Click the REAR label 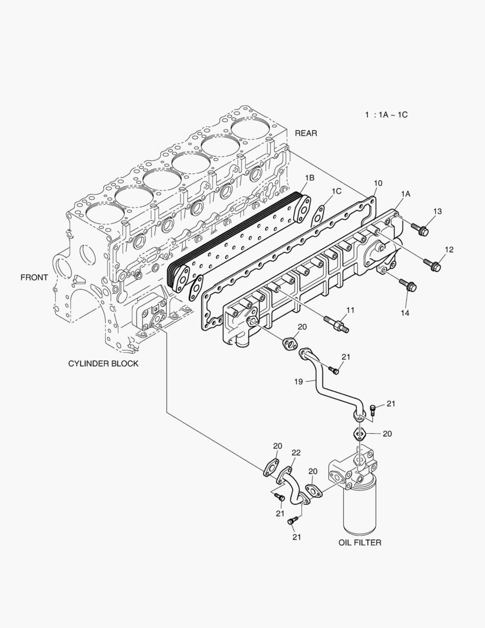point(306,133)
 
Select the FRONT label point(34,277)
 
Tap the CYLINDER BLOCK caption point(103,364)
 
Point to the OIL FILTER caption point(360,543)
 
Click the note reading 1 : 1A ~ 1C point(386,115)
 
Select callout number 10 point(378,183)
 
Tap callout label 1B point(310,177)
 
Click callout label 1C point(336,191)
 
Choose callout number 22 point(296,453)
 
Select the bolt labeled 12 point(433,265)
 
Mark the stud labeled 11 point(337,323)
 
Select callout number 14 point(404,313)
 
